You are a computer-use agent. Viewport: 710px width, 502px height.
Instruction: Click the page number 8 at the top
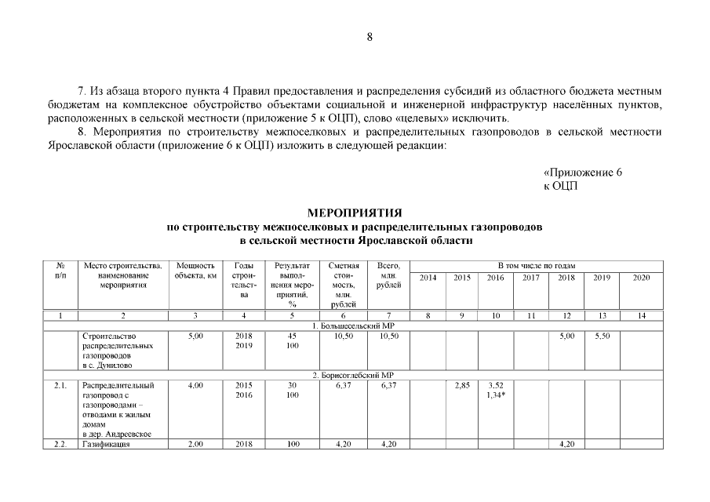370,36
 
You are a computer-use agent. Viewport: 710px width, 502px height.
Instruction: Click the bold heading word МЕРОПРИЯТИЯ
355,213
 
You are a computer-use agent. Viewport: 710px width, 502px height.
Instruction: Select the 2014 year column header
428,278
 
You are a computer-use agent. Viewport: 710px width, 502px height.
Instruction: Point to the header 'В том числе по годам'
536,266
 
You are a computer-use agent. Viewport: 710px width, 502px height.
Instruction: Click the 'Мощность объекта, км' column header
195,271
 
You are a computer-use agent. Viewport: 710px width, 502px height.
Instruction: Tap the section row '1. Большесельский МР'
354,325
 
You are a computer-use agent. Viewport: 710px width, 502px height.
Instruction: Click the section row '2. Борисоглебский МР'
354,376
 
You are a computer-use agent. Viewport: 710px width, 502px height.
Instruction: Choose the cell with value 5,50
602,336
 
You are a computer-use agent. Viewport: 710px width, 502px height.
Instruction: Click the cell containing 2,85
462,385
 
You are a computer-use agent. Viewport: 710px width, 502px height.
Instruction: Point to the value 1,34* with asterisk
496,395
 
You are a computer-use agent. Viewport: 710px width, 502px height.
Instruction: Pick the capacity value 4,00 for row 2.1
195,385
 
